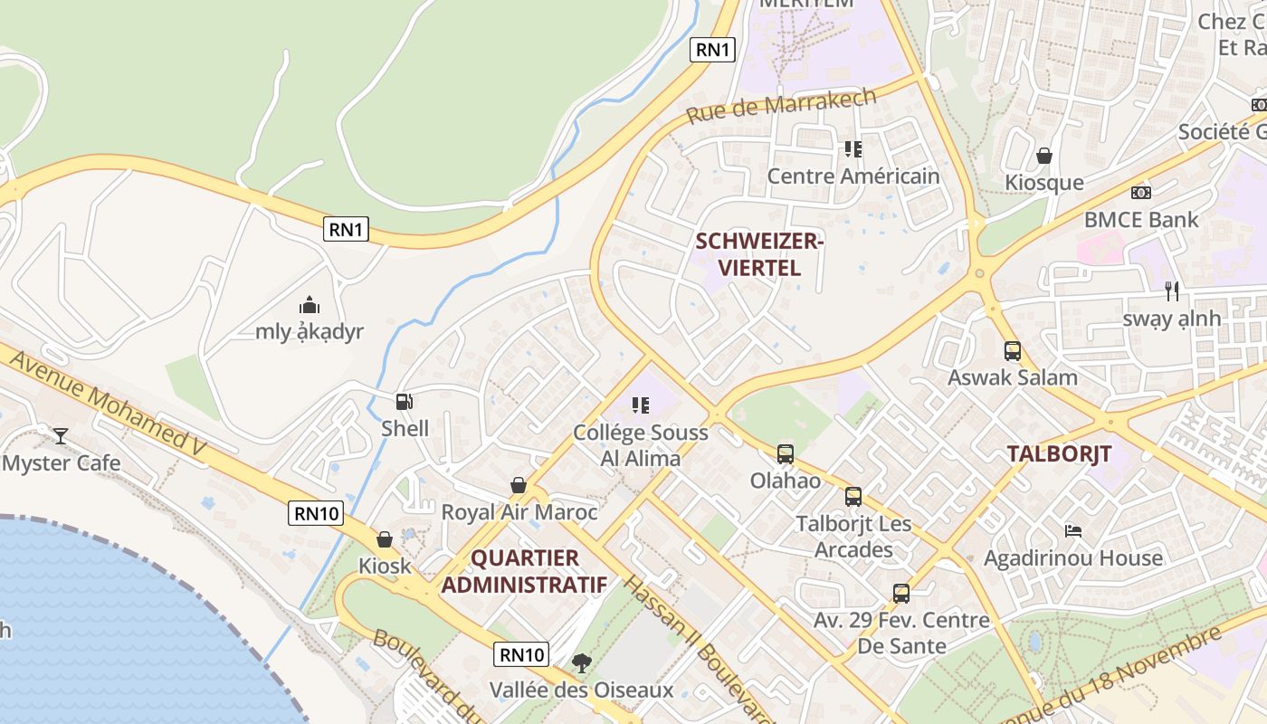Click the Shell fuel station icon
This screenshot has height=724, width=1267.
coord(405,402)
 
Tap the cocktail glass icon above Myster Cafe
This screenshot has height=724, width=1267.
coord(61,436)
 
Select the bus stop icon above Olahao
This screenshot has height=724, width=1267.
coord(786,454)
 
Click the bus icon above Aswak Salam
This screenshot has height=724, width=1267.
coord(1013,351)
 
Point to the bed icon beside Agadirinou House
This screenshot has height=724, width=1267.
coord(1073,531)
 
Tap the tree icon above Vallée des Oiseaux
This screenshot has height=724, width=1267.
coord(582,663)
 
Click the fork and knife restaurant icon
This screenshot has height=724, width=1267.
coord(1172,291)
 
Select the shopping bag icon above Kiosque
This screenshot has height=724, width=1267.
coord(1044,156)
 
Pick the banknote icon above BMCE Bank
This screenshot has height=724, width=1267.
coord(1141,193)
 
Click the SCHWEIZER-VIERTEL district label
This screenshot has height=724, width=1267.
coord(748,254)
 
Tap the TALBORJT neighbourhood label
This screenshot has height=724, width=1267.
coord(1059,454)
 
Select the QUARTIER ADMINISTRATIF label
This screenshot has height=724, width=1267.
coord(524,571)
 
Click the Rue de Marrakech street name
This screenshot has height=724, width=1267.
coord(781,106)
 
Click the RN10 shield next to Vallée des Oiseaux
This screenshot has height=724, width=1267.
coord(522,654)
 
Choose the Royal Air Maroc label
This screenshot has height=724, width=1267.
coord(519,512)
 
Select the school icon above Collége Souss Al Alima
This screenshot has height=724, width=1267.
coord(641,405)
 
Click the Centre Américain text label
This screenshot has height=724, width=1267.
coord(853,176)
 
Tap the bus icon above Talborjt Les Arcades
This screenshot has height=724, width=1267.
coord(853,497)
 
